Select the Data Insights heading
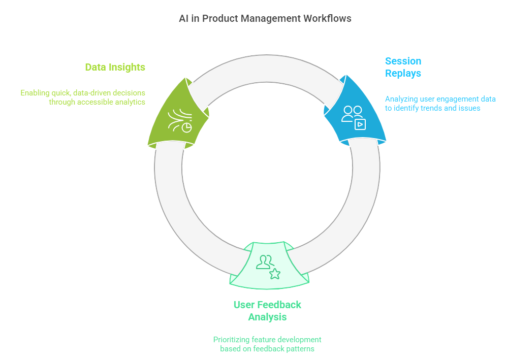pyautogui.click(x=115, y=67)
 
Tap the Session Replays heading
pyautogui.click(x=403, y=67)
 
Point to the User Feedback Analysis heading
pyautogui.click(x=267, y=311)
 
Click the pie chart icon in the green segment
pyautogui.click(x=187, y=127)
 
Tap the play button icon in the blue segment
pyautogui.click(x=360, y=124)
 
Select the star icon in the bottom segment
pyautogui.click(x=275, y=274)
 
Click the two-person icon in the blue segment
pyautogui.click(x=352, y=113)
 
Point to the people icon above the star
pyautogui.click(x=264, y=261)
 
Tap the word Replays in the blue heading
pyautogui.click(x=403, y=73)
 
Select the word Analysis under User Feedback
pyautogui.click(x=267, y=317)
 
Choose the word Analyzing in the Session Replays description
pyautogui.click(x=401, y=99)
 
